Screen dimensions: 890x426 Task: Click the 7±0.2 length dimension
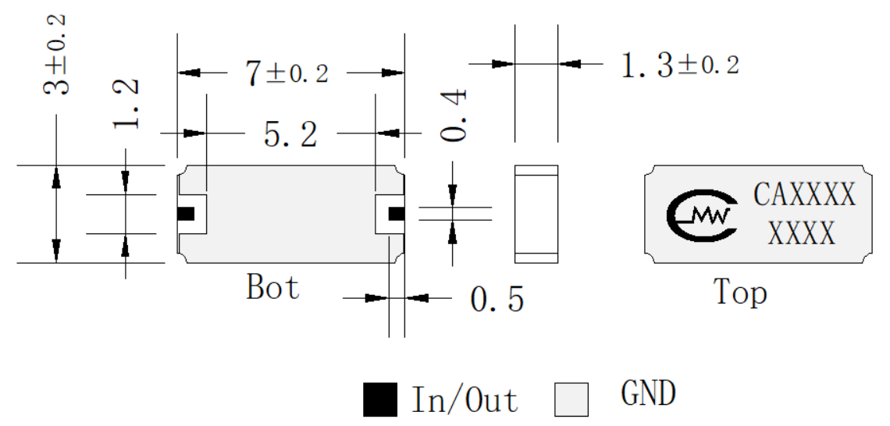287,74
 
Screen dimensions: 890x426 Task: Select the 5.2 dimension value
290,134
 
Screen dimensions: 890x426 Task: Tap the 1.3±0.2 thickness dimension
680,65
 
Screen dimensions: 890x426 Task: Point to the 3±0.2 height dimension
56,55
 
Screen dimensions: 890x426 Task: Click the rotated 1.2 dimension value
126,104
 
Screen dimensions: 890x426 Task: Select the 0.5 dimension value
497,299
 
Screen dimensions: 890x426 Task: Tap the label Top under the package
740,292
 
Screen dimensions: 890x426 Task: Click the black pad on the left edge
186,214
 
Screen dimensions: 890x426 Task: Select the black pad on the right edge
396,214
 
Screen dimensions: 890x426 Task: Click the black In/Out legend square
379,399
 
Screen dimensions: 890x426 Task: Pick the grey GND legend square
571,399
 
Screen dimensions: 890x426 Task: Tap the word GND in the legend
648,394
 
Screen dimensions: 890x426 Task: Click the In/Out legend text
465,399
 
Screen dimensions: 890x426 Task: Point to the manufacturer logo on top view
702,214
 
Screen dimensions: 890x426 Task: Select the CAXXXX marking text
804,194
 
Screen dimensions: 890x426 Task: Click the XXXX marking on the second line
802,232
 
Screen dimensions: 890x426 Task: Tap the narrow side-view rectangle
536,214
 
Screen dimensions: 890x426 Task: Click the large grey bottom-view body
290,214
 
